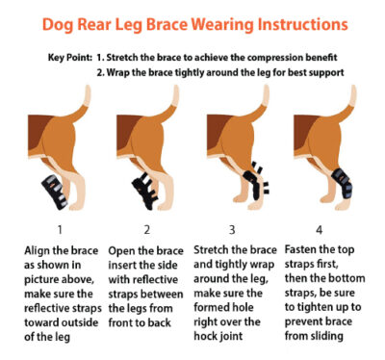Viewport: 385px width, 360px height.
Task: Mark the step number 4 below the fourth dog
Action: tap(319, 230)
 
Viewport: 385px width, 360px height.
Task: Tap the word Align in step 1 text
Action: tap(38, 250)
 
